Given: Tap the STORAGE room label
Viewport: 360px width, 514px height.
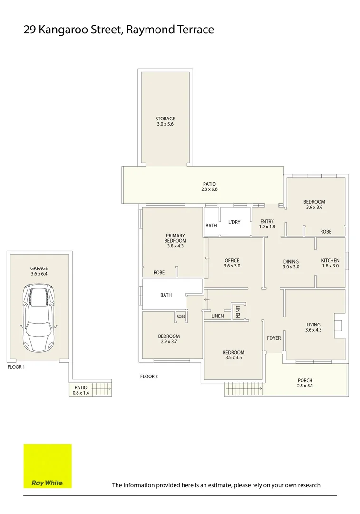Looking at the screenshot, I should point(165,119).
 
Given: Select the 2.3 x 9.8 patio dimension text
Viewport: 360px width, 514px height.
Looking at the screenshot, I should point(209,189).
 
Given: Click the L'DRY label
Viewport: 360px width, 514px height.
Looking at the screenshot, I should point(234,222).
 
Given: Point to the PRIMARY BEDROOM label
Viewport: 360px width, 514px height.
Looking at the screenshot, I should point(175,238).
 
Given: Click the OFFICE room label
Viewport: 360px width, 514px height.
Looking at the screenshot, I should point(232,260).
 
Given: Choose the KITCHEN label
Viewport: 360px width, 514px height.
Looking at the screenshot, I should point(330,260).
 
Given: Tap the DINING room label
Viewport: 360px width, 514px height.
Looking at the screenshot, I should point(291,261).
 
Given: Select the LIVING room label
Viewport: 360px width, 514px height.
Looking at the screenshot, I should point(313,325).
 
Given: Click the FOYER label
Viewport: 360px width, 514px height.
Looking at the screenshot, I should point(273,338).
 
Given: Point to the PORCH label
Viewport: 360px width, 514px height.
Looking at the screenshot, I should point(305,380).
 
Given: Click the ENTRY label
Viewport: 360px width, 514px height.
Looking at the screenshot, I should point(267,221).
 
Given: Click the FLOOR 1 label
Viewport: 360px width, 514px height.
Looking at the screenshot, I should point(16,367).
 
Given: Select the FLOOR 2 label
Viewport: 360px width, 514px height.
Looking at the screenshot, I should point(149,376).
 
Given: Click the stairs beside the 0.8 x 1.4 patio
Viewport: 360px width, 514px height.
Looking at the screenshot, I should point(101,389).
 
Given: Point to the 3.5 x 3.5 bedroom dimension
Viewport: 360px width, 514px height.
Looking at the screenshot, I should point(233,358).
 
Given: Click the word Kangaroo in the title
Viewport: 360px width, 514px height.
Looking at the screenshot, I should point(64,30).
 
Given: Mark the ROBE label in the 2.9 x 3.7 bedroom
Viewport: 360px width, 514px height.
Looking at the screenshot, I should point(181,316).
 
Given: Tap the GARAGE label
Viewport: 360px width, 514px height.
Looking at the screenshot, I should point(39,268).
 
